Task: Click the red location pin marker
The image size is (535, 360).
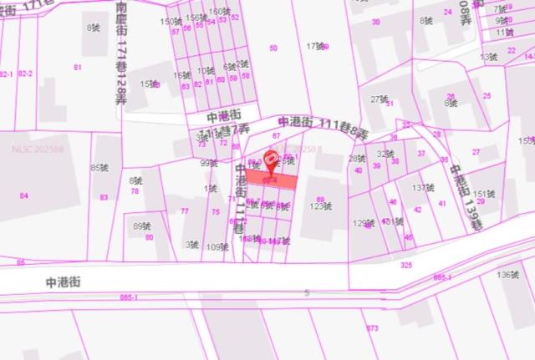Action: click(271, 160)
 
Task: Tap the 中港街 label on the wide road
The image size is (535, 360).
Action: click(63, 283)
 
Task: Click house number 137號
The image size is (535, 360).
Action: click(422, 187)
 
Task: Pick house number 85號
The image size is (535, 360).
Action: click(99, 168)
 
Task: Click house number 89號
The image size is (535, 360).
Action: click(142, 226)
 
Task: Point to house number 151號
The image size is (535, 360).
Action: click(484, 193)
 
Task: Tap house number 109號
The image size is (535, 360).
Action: click(217, 246)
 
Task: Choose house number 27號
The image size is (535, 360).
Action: click(380, 99)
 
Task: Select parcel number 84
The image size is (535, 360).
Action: click(23, 195)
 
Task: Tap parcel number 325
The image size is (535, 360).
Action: click(406, 265)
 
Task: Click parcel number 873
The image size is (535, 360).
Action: click(373, 328)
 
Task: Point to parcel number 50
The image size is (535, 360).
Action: click(273, 48)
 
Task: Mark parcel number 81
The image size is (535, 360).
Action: click(78, 67)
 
